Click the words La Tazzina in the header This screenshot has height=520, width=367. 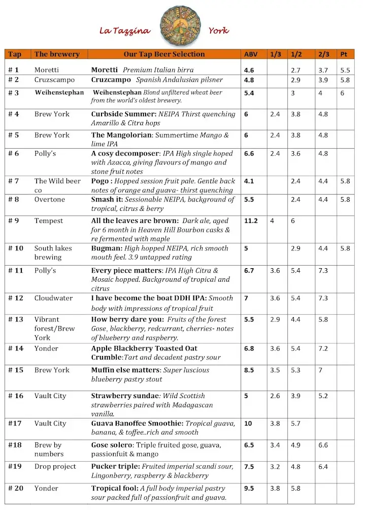124,31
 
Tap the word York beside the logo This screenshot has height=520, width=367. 218,31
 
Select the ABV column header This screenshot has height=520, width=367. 250,54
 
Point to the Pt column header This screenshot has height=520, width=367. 344,54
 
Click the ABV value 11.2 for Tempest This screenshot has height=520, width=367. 251,221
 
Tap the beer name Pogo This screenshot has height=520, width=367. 101,181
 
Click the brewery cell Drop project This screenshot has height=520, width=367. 55,466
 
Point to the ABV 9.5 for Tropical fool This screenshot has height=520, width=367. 249,488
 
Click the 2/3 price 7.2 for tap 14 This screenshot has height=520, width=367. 323,348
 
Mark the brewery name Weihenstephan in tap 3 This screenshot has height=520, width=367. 59,92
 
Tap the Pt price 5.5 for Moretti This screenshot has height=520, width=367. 345,70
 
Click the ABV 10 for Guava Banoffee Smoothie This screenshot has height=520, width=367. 248,423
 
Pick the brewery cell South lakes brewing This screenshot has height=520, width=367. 53,252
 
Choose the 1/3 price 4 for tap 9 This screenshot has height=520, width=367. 273,221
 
